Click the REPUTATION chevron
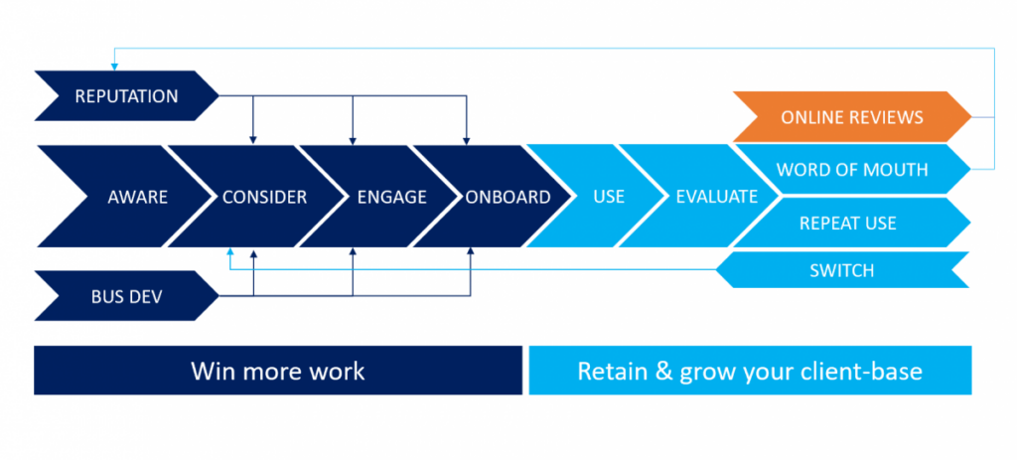click(126, 96)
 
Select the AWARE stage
click(137, 197)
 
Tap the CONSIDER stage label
click(264, 197)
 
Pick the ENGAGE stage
click(391, 197)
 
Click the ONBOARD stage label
click(508, 197)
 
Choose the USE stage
click(608, 197)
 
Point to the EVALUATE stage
click(716, 197)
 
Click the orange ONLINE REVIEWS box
click(852, 117)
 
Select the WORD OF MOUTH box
click(852, 170)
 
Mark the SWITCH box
click(841, 269)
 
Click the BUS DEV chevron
click(126, 296)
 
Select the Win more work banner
click(278, 372)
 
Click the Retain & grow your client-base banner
click(750, 372)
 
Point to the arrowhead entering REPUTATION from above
click(114, 66)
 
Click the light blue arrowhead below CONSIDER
click(229, 252)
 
